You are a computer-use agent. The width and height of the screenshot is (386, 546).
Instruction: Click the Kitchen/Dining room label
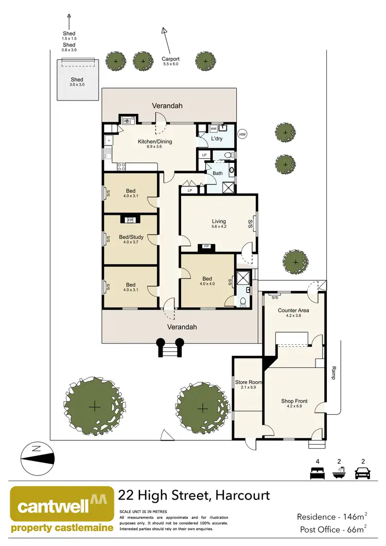click(154, 142)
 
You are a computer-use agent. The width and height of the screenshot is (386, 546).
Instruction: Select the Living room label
click(219, 221)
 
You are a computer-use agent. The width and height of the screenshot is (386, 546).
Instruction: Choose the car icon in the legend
click(363, 472)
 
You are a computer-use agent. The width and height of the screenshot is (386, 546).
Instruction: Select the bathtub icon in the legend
click(340, 472)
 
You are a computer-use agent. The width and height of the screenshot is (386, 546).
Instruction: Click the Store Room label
click(249, 382)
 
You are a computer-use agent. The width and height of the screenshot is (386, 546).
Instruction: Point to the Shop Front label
click(294, 401)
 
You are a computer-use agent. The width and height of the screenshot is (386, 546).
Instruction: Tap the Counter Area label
click(294, 310)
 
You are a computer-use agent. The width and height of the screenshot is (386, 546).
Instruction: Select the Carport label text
click(170, 59)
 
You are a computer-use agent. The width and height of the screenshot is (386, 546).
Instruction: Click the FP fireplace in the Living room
click(207, 247)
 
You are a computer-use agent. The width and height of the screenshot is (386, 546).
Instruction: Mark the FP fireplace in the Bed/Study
click(130, 220)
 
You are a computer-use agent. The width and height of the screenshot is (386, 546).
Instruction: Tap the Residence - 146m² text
click(331, 516)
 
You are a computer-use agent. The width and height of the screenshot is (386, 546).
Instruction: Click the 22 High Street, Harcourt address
click(194, 496)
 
